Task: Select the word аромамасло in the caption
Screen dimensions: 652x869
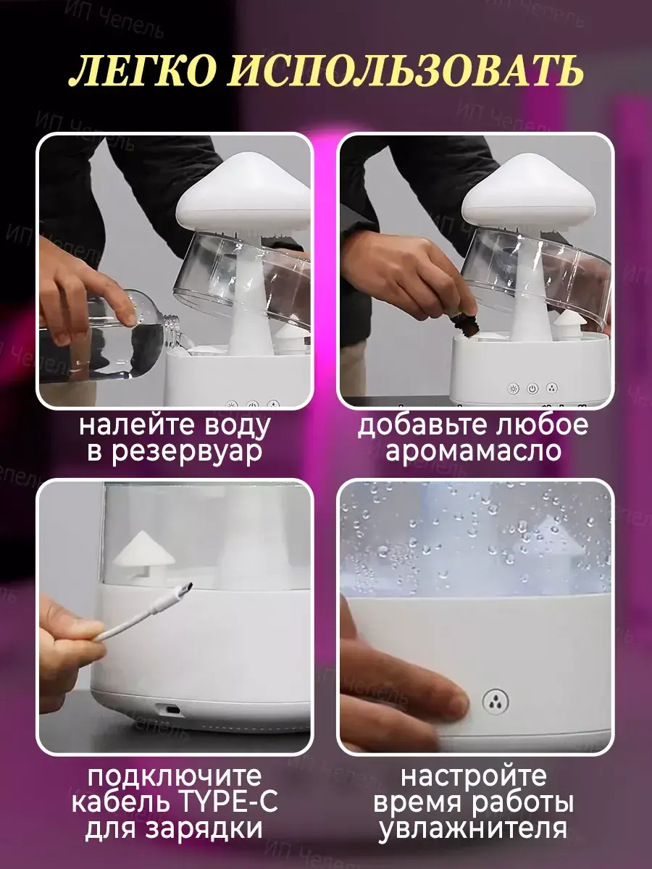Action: point(474,451)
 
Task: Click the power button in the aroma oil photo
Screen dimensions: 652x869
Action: point(532,388)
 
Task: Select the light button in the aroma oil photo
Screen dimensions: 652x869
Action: point(514,388)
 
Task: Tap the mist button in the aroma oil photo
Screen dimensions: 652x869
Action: point(551,388)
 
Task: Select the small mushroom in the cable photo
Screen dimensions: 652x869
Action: point(143,556)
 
